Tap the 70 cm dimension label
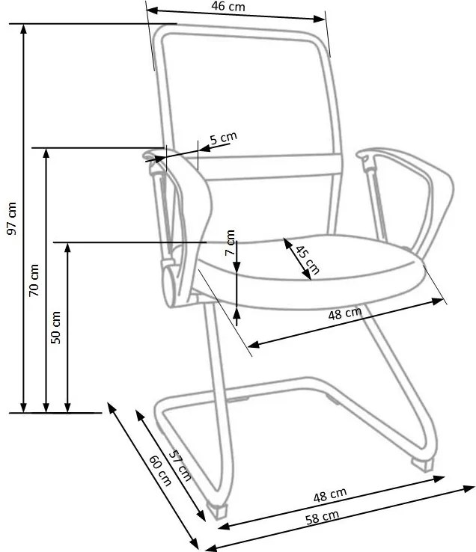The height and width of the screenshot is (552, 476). pyautogui.click(x=34, y=280)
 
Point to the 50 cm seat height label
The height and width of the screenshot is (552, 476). pyautogui.click(x=55, y=327)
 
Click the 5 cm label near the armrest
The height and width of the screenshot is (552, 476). pyautogui.click(x=223, y=138)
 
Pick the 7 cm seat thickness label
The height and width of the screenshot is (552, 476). pyautogui.click(x=231, y=242)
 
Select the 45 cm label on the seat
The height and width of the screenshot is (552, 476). pyautogui.click(x=306, y=260)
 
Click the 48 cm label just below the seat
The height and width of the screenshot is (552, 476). pyautogui.click(x=344, y=313)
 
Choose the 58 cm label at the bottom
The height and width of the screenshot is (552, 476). pyautogui.click(x=322, y=516)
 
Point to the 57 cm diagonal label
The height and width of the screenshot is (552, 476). pyautogui.click(x=179, y=464)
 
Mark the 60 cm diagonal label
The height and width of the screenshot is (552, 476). pyautogui.click(x=160, y=470)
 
